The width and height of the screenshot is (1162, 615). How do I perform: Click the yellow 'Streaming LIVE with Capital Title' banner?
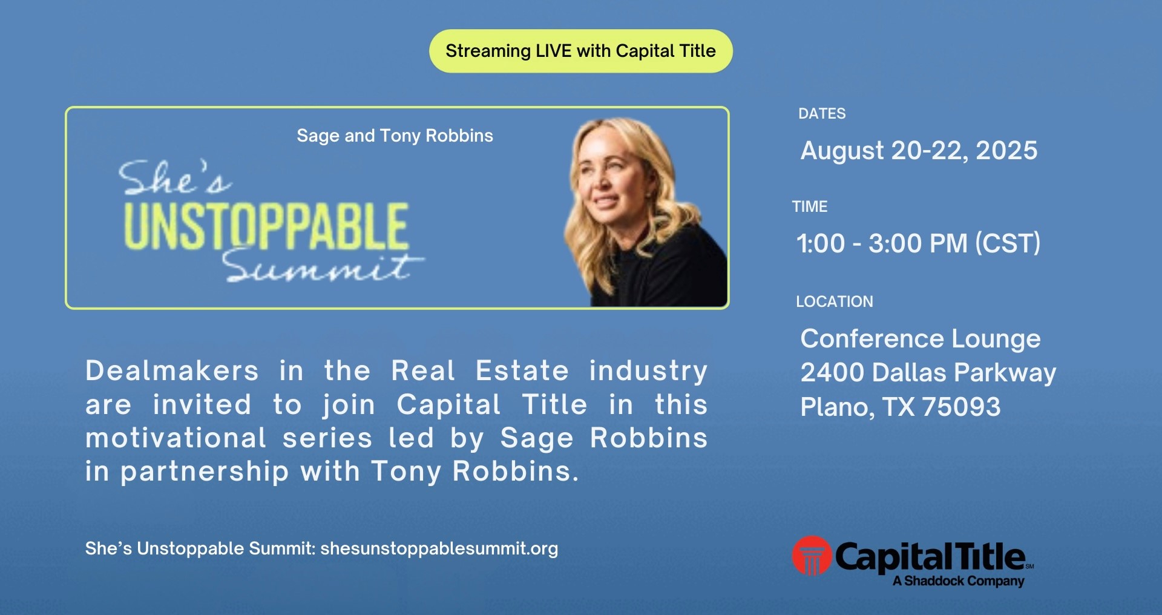tap(581, 51)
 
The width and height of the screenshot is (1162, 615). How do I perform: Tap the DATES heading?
tap(822, 114)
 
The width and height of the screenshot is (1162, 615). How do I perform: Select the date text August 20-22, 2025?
tap(919, 151)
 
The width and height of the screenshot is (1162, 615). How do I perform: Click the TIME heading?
tap(810, 207)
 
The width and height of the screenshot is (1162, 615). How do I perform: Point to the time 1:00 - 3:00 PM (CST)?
tap(918, 243)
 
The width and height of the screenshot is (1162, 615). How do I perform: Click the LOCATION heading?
tap(835, 301)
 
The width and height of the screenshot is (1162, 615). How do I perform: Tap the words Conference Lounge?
tap(921, 339)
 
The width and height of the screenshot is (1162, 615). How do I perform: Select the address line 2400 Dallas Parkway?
tap(928, 373)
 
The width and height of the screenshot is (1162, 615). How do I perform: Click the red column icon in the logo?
tap(812, 556)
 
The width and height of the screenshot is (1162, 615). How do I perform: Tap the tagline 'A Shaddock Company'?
tap(959, 581)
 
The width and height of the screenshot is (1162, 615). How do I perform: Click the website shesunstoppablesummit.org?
tap(439, 548)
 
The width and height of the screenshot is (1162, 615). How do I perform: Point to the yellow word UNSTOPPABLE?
tap(266, 226)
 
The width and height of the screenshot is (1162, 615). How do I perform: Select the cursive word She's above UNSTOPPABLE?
tap(174, 178)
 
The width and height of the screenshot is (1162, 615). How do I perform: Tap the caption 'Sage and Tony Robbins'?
tap(395, 136)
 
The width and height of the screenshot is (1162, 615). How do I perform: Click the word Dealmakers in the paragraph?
tap(172, 370)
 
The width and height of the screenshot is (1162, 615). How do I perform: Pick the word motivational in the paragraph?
tap(176, 438)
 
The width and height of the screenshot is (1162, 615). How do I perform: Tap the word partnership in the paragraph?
tap(205, 472)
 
